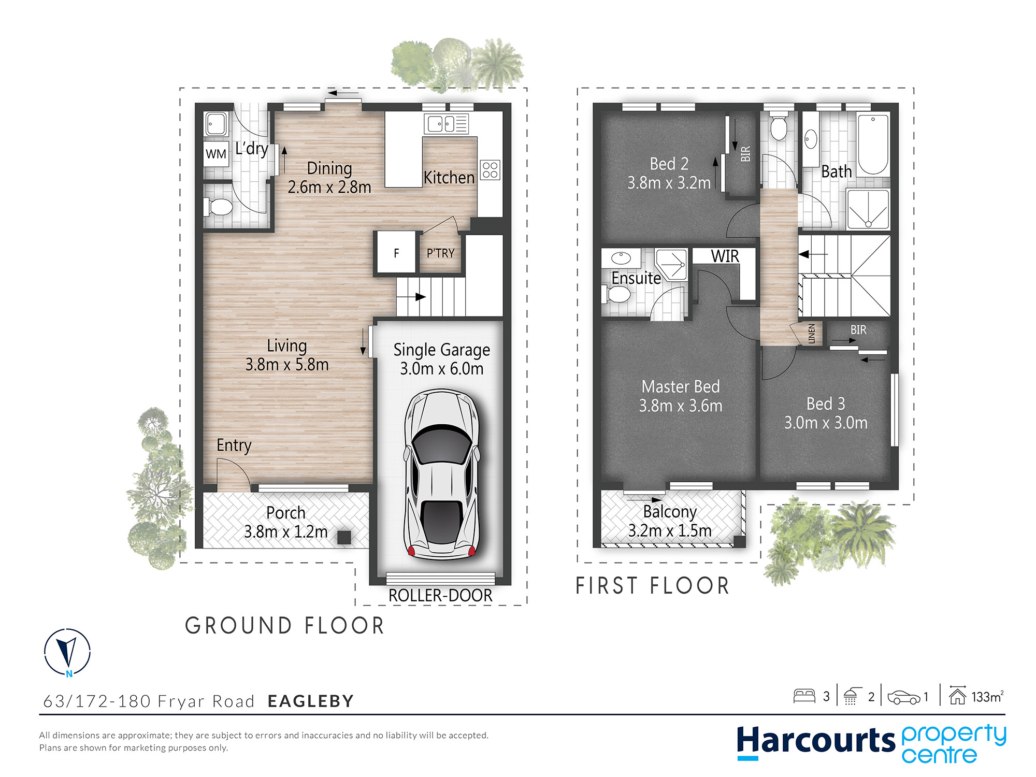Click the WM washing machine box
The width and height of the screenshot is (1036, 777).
pyautogui.click(x=216, y=153)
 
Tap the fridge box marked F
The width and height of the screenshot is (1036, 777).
pyautogui.click(x=396, y=253)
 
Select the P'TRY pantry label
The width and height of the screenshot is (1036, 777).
pyautogui.click(x=440, y=253)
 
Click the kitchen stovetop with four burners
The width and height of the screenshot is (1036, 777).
pyautogui.click(x=490, y=170)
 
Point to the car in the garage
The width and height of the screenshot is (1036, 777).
pyautogui.click(x=442, y=474)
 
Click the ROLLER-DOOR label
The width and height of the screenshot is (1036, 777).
pyautogui.click(x=440, y=596)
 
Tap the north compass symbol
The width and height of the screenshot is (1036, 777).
pyautogui.click(x=67, y=652)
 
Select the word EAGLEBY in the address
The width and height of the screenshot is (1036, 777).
pyautogui.click(x=311, y=701)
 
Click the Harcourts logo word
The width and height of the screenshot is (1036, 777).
pyautogui.click(x=816, y=741)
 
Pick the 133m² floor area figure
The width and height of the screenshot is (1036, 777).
pyautogui.click(x=987, y=697)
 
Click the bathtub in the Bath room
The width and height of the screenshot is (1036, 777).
pyautogui.click(x=873, y=145)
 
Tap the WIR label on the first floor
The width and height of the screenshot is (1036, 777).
pyautogui.click(x=725, y=256)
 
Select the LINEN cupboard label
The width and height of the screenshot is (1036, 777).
pyautogui.click(x=812, y=334)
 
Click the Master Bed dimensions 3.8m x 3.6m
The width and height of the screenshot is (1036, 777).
pyautogui.click(x=681, y=406)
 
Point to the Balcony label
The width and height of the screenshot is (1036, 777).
pyautogui.click(x=670, y=512)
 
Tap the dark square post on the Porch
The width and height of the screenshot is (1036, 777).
pyautogui.click(x=344, y=537)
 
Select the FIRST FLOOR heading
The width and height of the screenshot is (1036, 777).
pyautogui.click(x=653, y=586)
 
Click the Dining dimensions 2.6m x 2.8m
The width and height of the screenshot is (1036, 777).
pyautogui.click(x=329, y=187)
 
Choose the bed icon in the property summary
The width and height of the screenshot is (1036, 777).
pyautogui.click(x=804, y=696)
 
